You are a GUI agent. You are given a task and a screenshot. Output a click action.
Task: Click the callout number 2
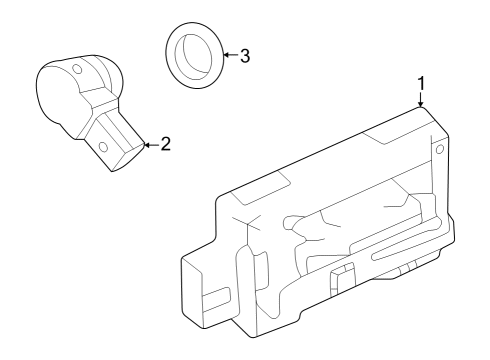coord(165,143)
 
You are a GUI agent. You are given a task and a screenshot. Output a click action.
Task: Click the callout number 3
coord(244,55)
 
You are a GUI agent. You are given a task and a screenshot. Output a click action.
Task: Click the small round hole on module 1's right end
coord(438,150)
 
